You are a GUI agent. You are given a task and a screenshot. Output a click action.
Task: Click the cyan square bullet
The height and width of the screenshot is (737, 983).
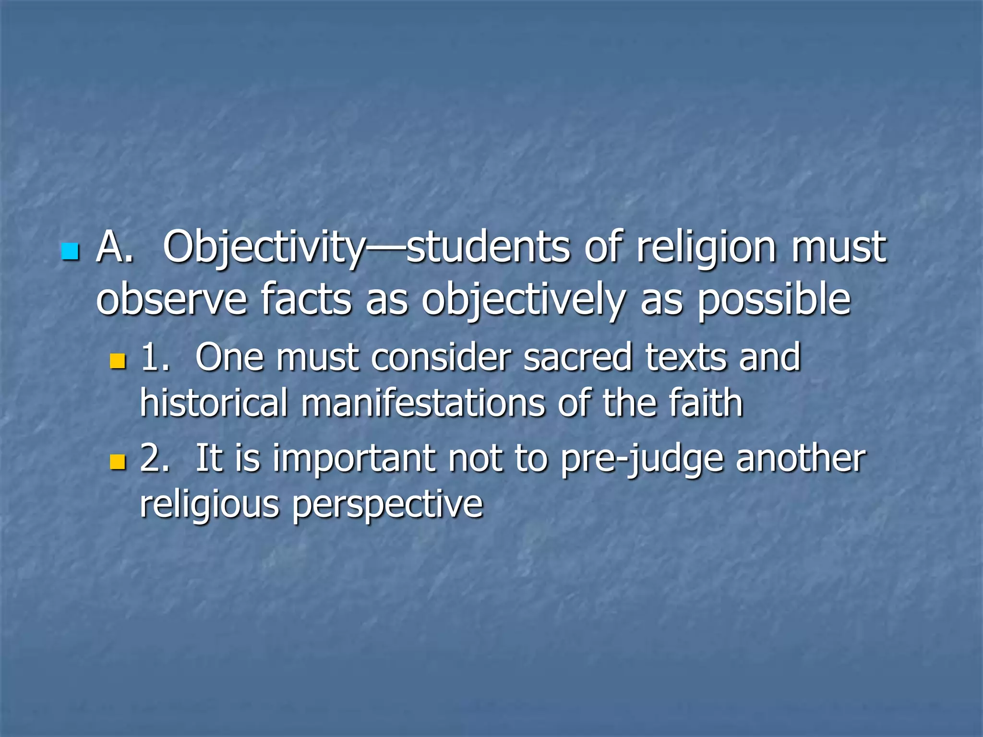coord(70,252)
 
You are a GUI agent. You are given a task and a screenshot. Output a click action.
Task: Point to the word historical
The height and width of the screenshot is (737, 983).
coord(214,403)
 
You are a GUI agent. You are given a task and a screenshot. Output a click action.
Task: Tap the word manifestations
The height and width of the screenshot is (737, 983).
coord(423,403)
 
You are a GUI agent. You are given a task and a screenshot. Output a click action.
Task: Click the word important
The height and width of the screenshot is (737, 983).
coord(354,460)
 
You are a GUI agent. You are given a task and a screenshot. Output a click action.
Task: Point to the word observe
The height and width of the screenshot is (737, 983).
coord(171,300)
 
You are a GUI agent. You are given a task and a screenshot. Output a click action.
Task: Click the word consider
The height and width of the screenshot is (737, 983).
coord(441,357)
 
